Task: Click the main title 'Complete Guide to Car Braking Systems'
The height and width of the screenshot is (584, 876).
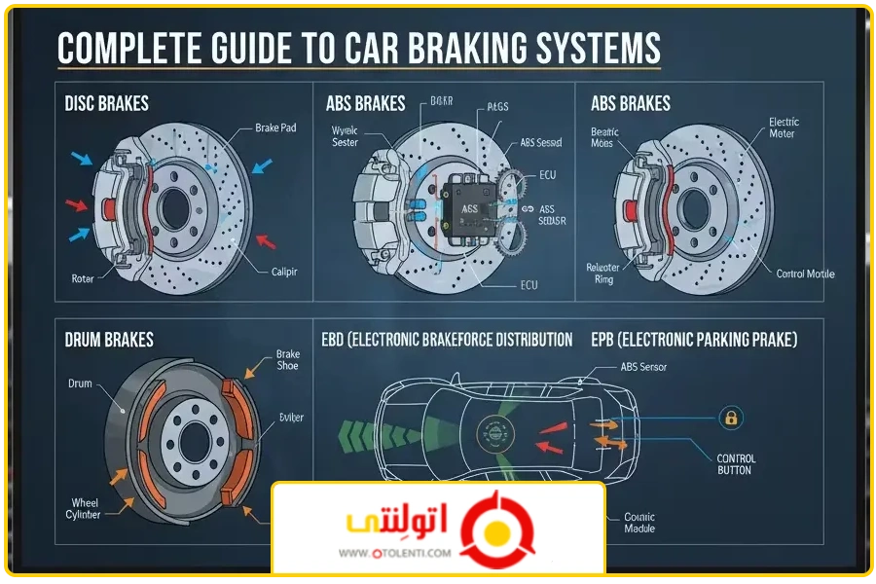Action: coord(359,49)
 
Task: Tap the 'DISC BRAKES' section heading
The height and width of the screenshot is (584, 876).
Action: coord(106,103)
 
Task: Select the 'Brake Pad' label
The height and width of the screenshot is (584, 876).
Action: coord(275,128)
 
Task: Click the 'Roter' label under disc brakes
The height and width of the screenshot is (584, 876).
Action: coord(85,278)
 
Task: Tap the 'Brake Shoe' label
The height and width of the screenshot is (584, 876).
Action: coord(288,360)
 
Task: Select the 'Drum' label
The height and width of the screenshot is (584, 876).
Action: coord(80,383)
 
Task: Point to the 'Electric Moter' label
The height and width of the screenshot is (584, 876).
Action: coord(784,128)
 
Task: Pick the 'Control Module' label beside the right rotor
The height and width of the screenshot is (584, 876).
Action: coord(805,274)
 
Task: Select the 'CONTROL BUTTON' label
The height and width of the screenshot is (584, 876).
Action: coord(736,464)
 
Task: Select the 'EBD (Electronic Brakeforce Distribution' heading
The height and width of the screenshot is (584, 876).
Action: coord(447,340)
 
